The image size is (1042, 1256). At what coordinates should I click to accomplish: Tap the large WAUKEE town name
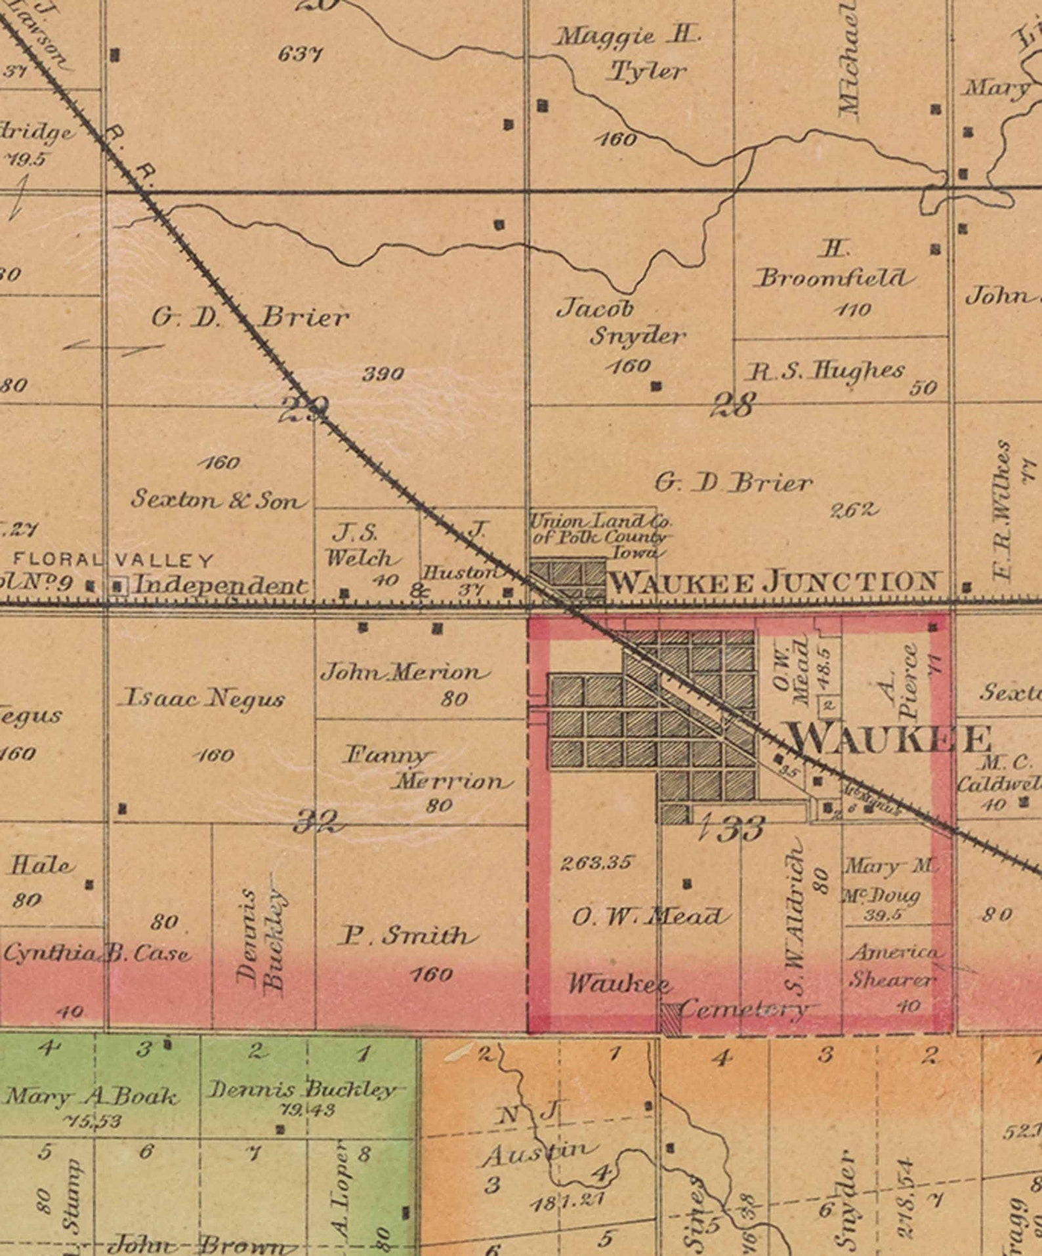[x=891, y=740]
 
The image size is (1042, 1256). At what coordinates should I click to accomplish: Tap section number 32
[x=318, y=820]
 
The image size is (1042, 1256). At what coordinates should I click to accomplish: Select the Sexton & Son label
[x=219, y=500]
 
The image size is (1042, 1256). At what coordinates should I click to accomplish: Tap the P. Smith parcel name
[x=404, y=936]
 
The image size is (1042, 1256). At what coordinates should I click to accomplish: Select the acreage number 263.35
[x=596, y=863]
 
